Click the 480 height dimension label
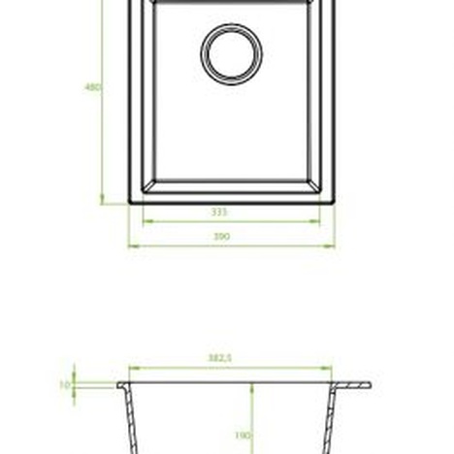click(92, 87)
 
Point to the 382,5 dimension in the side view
click(219, 358)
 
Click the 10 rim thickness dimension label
click(64, 385)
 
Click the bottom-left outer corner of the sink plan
click(129, 204)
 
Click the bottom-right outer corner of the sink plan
click(334, 204)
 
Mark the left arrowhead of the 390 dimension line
click(131, 245)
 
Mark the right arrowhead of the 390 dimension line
click(332, 245)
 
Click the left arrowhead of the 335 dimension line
click(145, 222)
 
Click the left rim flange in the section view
click(123, 385)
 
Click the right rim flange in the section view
click(354, 385)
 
